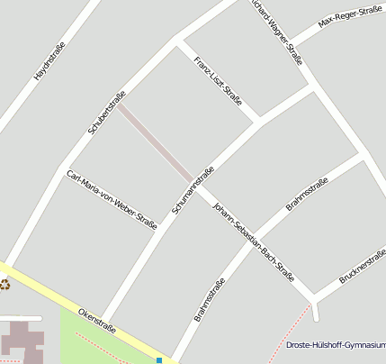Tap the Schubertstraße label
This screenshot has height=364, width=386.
[x=107, y=113]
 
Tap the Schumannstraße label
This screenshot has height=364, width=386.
[x=193, y=189]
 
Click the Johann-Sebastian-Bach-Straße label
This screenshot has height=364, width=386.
[x=254, y=241]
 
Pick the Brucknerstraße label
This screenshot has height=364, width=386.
[x=363, y=268]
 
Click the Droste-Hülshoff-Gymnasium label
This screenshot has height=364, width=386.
[x=336, y=345]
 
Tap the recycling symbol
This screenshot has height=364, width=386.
[x=4, y=285]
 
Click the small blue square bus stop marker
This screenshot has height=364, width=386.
[x=159, y=360]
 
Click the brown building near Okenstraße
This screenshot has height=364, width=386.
[x=22, y=340]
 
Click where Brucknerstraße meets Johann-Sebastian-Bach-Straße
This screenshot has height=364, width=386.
[x=313, y=298]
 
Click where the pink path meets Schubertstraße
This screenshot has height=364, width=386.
[x=121, y=105]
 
